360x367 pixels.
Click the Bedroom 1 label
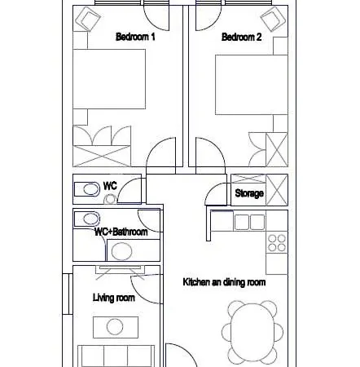point(135,37)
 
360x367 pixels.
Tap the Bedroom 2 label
point(241,37)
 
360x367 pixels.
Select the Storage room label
point(249,193)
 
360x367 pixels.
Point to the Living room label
point(114,298)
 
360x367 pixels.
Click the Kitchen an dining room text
point(224,282)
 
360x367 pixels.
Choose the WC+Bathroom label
point(121,232)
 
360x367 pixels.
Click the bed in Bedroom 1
point(109,79)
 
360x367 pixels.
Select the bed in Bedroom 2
point(252,85)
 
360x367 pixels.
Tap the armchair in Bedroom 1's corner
point(87,19)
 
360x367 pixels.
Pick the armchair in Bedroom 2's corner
point(273,19)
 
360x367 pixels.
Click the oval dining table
point(252,333)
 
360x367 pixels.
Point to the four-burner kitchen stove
point(277,243)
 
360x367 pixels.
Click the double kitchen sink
point(249,222)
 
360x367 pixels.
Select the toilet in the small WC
point(87,189)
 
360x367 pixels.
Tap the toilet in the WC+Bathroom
point(87,219)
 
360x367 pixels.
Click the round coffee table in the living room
point(115,327)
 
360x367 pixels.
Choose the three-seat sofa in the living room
point(116,356)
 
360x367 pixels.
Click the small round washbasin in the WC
point(111,199)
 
